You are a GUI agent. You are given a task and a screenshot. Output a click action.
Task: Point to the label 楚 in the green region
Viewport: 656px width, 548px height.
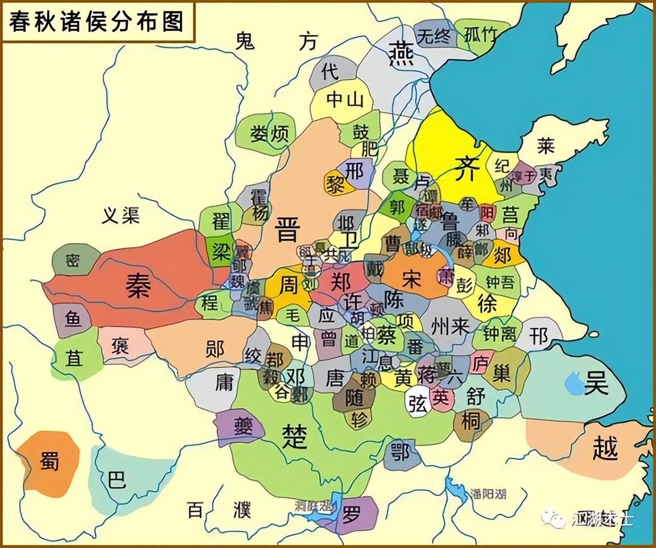[295, 436]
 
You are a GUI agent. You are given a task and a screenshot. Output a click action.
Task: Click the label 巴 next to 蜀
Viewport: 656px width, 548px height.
[117, 480]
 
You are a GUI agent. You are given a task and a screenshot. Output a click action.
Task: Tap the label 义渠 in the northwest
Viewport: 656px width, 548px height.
[121, 216]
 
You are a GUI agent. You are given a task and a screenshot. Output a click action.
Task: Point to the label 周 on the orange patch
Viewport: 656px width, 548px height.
[288, 285]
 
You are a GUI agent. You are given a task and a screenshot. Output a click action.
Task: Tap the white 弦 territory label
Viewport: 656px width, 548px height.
[418, 404]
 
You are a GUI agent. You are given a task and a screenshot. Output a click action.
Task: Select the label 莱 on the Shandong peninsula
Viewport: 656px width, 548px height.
[546, 146]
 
